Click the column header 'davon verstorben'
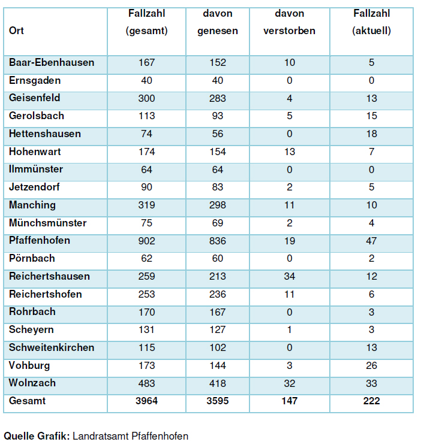289,22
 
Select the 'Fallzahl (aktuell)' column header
371,22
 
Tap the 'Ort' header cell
16,31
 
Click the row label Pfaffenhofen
40,241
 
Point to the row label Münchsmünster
48,223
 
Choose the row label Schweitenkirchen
52,347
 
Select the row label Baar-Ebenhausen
52,62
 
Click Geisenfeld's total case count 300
146,98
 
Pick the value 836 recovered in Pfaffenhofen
218,241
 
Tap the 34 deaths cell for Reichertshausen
289,276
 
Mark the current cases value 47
371,241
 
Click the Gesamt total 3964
146,401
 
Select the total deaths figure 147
289,401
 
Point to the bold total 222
371,401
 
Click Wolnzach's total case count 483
146,383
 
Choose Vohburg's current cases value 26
371,365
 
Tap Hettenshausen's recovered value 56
218,134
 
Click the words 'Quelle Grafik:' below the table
37,436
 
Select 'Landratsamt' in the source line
100,436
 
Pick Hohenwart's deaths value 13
289,152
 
